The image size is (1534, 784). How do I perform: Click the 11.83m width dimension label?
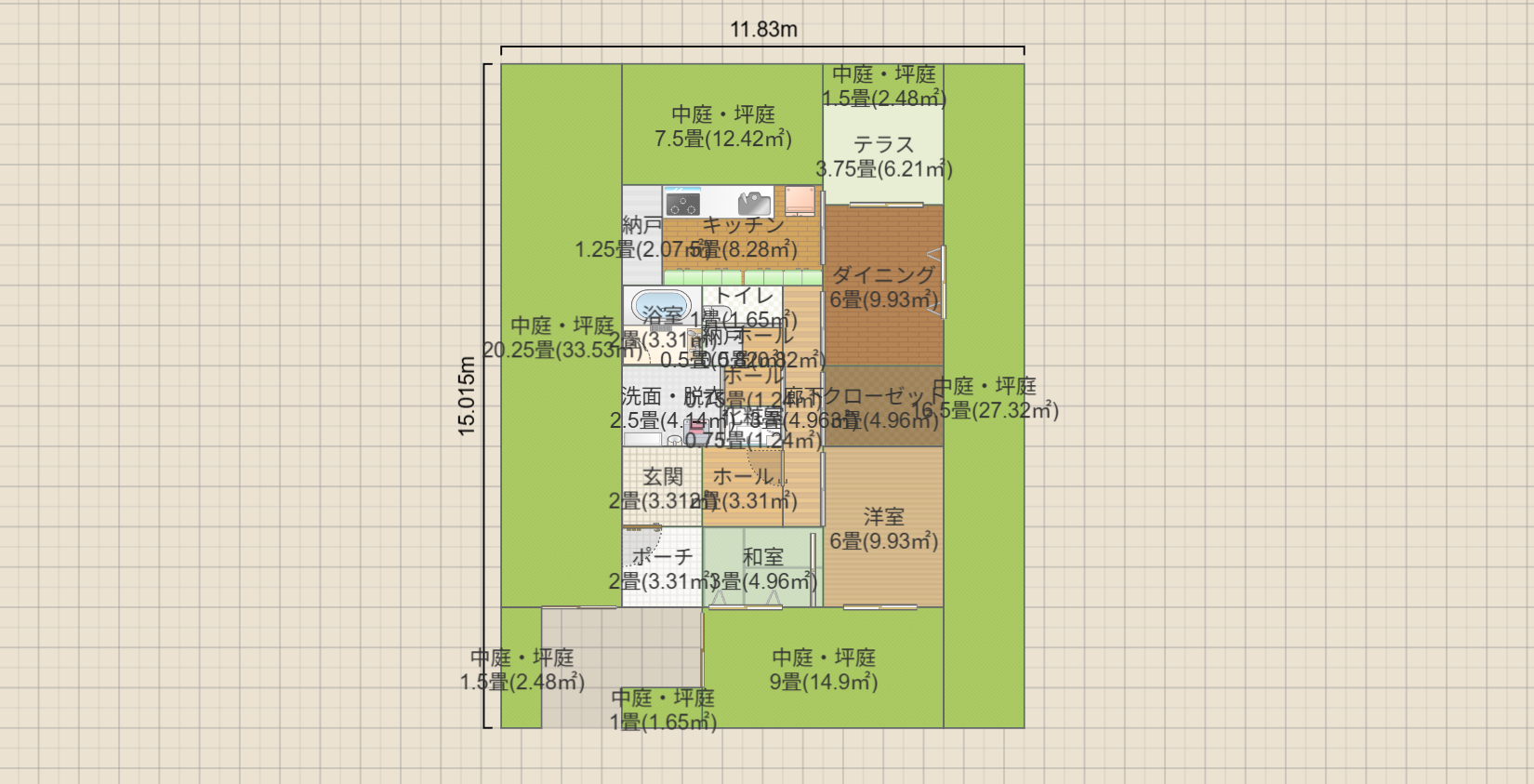(763, 30)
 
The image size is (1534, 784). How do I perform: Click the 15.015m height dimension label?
(467, 396)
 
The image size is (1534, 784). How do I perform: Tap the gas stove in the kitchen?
(683, 201)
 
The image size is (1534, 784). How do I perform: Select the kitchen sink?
(754, 203)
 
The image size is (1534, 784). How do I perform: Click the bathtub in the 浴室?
(661, 305)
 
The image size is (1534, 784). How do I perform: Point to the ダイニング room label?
(882, 275)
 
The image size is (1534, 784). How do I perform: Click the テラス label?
(883, 145)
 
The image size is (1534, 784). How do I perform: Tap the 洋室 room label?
(883, 517)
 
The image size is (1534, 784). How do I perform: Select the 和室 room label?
(762, 557)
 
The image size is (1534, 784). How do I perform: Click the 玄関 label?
(663, 477)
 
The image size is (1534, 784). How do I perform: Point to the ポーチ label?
(663, 557)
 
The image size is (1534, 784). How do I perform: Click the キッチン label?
(743, 225)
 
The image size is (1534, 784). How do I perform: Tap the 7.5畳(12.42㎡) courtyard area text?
(722, 140)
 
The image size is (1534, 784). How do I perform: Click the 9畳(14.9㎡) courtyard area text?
(823, 682)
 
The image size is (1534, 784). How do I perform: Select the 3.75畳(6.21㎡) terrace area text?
(883, 169)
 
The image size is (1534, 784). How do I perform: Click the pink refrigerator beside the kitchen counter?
(799, 200)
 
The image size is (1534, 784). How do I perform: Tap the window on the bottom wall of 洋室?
(879, 607)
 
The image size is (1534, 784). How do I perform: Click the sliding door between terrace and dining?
(883, 204)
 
